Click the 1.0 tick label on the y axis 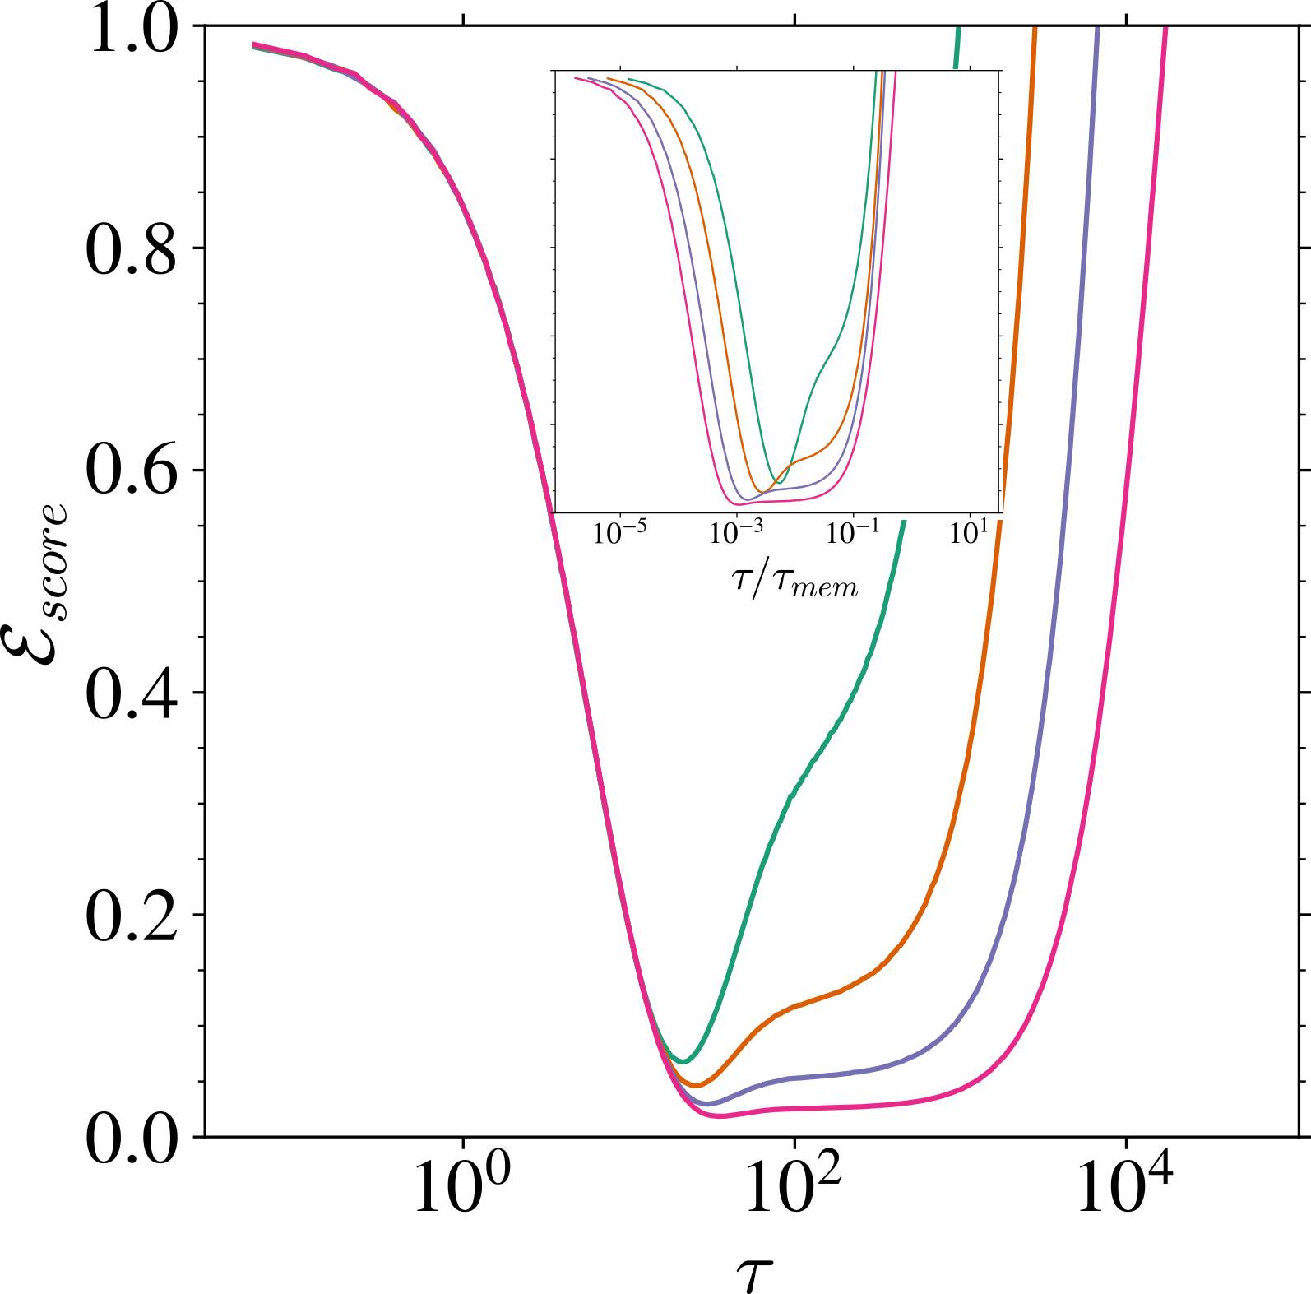point(132,30)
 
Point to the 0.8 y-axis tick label point(132,250)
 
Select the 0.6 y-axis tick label point(132,471)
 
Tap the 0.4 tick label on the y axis point(132,694)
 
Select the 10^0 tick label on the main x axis point(461,1185)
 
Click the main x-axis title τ point(754,1272)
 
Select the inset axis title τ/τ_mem point(794,581)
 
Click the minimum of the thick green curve point(683,1061)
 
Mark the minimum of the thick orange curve point(696,1085)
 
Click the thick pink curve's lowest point point(720,1115)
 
